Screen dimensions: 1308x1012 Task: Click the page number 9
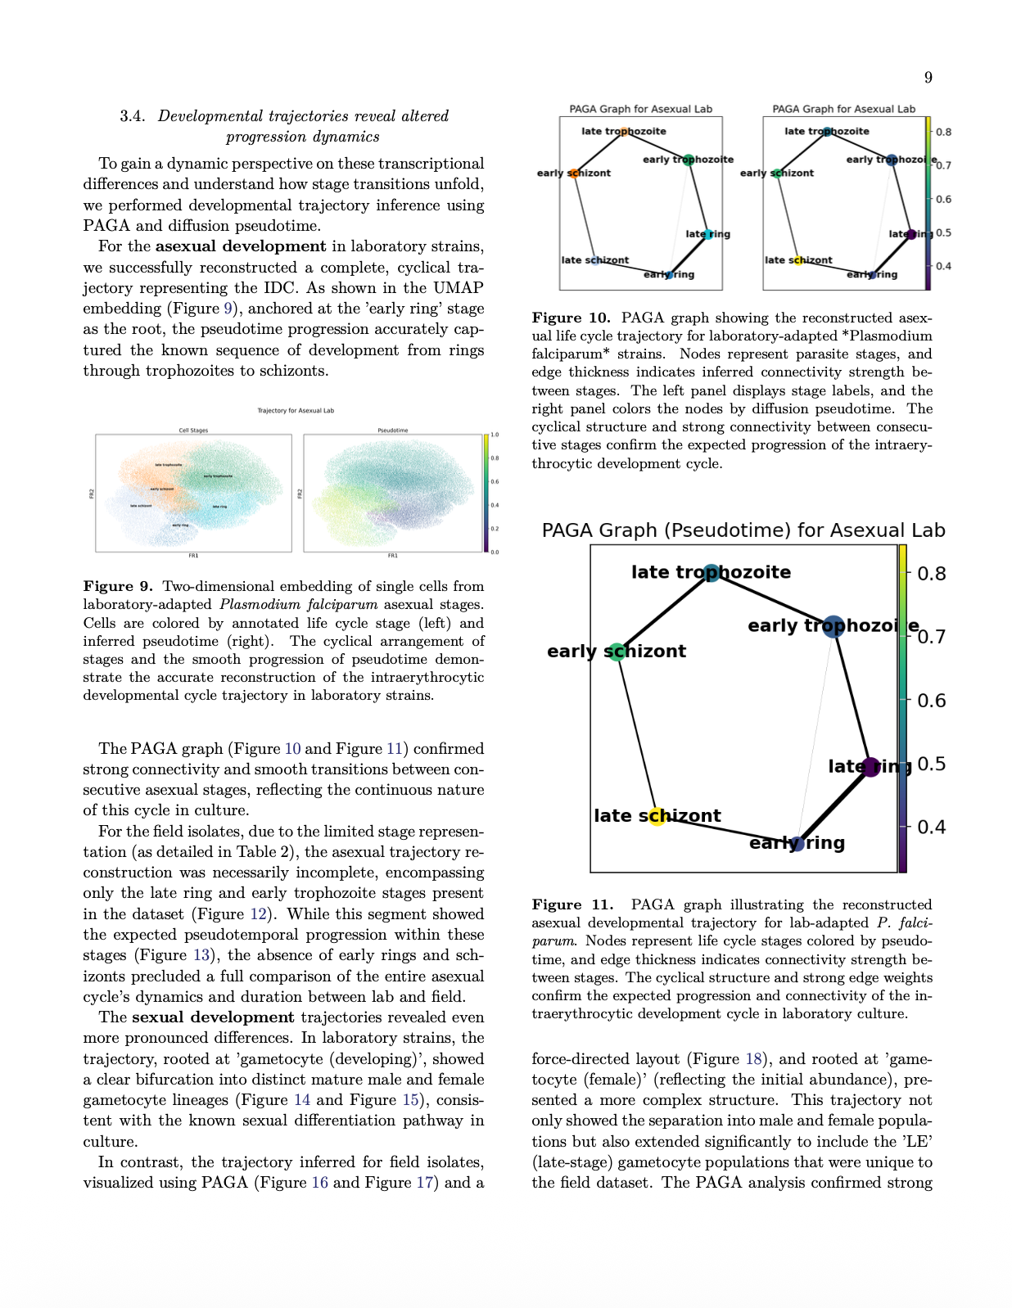[928, 78]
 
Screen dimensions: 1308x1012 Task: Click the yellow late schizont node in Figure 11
[657, 816]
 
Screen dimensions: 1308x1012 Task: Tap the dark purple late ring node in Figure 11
[871, 767]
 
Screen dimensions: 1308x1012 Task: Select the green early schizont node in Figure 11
[617, 652]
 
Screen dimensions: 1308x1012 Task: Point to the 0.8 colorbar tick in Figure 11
[931, 574]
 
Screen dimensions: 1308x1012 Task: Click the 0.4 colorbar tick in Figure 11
[931, 827]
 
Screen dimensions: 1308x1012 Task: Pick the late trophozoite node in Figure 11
[711, 573]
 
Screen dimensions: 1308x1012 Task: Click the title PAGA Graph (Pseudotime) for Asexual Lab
[743, 530]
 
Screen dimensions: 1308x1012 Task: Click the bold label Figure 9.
[118, 586]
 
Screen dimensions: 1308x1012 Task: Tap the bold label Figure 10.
[571, 318]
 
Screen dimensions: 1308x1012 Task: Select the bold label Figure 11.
[572, 904]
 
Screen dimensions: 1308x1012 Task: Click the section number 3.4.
[132, 116]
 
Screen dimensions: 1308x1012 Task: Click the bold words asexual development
[241, 246]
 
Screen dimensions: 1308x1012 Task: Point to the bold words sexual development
[213, 1017]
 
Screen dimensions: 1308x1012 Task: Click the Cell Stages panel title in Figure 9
[193, 430]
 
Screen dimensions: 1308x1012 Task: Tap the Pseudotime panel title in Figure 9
[393, 430]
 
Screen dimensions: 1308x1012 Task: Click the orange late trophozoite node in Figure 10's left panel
[624, 131]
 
